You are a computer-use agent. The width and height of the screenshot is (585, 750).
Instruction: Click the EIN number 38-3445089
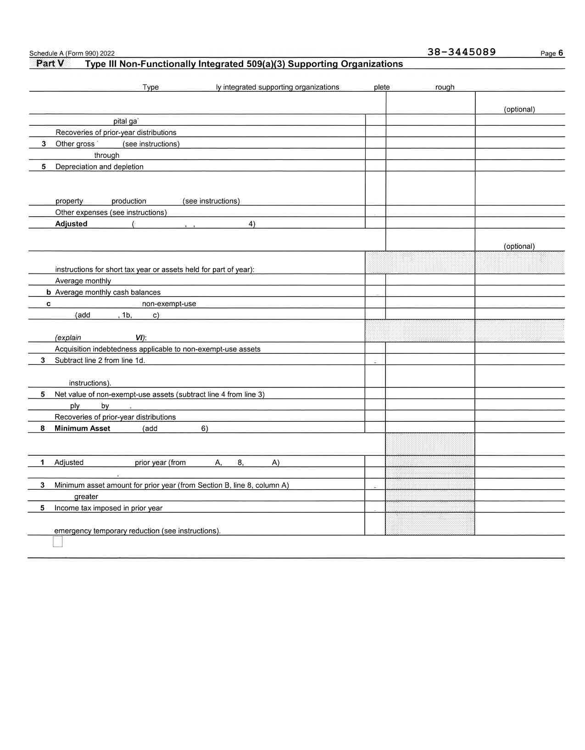coord(461,52)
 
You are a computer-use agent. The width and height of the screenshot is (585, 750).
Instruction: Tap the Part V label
coord(50,63)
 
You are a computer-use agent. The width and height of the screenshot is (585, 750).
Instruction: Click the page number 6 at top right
coord(560,53)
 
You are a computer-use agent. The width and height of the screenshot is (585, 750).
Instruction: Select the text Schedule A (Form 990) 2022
coord(72,53)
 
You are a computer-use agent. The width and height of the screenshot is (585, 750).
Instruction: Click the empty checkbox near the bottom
coord(58,542)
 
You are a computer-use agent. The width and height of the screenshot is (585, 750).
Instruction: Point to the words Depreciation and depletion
coord(99,167)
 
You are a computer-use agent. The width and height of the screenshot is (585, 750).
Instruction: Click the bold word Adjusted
coord(71,224)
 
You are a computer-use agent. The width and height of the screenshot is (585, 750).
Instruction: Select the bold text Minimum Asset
coord(82,428)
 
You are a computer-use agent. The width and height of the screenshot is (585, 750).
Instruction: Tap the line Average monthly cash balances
coord(108,292)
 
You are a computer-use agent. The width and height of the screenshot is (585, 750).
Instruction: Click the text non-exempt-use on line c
coord(169,304)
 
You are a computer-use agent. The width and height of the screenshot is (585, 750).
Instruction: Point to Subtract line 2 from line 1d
coord(100,360)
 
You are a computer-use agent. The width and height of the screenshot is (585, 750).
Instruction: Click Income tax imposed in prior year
coord(108,508)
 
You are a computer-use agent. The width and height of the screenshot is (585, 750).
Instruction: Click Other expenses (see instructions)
coord(111,213)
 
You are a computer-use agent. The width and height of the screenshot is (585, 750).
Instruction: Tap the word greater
coord(86,497)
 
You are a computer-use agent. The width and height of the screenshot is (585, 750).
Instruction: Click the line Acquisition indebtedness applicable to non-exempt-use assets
coord(157,349)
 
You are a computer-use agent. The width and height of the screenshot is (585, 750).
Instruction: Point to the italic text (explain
coord(68,338)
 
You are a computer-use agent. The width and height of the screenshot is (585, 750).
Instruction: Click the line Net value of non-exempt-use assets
coord(159,394)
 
